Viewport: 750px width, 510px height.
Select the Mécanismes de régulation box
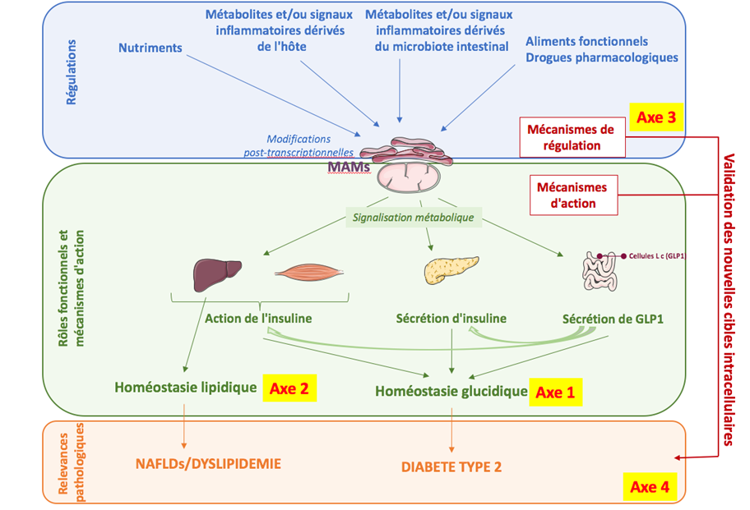[571, 136]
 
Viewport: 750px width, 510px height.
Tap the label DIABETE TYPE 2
[451, 467]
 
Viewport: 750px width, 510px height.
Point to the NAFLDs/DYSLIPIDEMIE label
[208, 464]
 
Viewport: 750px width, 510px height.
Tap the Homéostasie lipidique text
[186, 387]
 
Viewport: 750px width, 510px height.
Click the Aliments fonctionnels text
[586, 41]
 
